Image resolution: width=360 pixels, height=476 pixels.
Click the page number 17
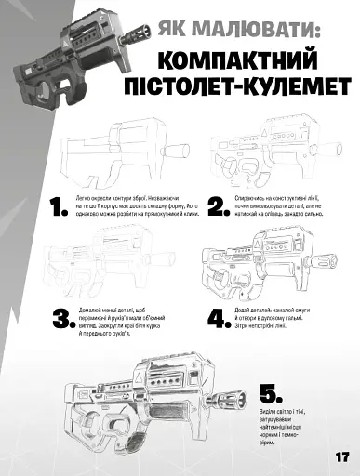340,456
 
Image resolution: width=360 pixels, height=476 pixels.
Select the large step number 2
218,206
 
